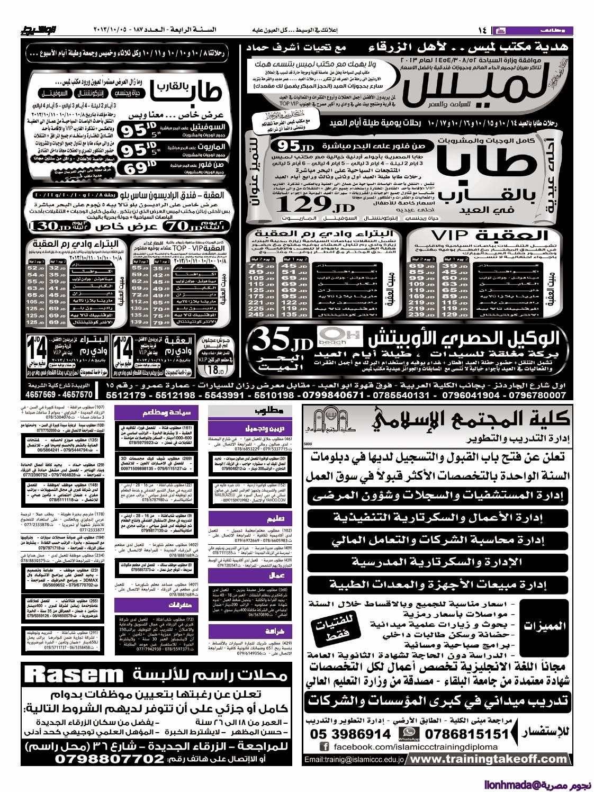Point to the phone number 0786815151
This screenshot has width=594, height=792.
coord(463,734)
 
